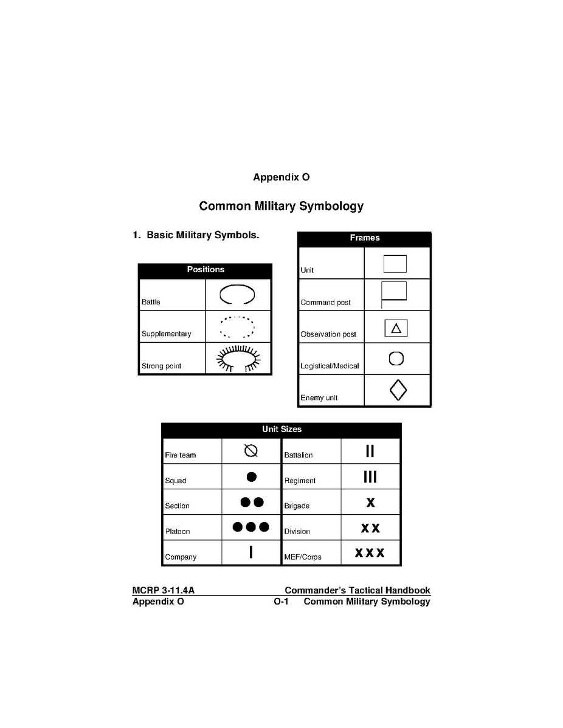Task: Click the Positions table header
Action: (x=205, y=270)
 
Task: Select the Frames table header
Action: (x=364, y=238)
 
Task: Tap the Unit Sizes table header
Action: (x=281, y=430)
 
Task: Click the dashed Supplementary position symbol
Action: (x=237, y=327)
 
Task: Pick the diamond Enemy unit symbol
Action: (x=398, y=390)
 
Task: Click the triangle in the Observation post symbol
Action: (x=396, y=328)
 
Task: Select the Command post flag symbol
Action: (x=393, y=294)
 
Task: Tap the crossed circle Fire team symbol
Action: (x=251, y=451)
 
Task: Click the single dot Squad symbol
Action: (x=251, y=476)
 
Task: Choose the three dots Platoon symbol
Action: (x=251, y=527)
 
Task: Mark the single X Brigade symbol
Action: (x=370, y=503)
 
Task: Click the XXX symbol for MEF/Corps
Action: (x=370, y=553)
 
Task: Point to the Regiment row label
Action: (x=300, y=481)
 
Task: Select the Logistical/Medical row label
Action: (x=330, y=366)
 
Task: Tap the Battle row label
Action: (x=151, y=302)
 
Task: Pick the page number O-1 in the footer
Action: (x=281, y=602)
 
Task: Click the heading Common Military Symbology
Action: (x=281, y=206)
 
